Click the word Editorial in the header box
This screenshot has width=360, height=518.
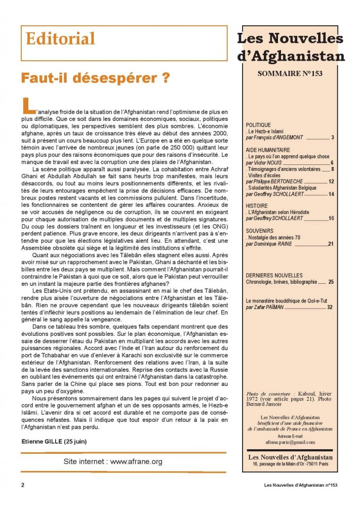pyautogui.click(x=60, y=38)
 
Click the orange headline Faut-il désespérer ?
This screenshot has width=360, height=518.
pyautogui.click(x=95, y=79)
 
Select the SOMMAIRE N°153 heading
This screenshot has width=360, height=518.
pyautogui.click(x=290, y=73)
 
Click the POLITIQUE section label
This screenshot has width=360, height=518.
pyautogui.click(x=258, y=124)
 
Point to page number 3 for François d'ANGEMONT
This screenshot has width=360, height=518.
pyautogui.click(x=332, y=137)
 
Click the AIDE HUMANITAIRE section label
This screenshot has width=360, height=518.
pyautogui.click(x=268, y=150)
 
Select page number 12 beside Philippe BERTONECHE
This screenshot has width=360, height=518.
pyautogui.click(x=331, y=181)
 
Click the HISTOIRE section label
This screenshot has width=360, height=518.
pyautogui.click(x=257, y=206)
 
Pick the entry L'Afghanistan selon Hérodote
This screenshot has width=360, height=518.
pyautogui.click(x=277, y=212)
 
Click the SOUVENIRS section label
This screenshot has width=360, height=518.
pyautogui.click(x=259, y=231)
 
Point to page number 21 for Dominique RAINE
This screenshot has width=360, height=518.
pyautogui.click(x=330, y=243)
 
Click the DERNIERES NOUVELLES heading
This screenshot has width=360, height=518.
pyautogui.click(x=274, y=276)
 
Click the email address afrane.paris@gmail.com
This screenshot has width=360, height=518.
pyautogui.click(x=290, y=442)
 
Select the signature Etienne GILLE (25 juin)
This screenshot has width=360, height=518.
pyautogui.click(x=54, y=441)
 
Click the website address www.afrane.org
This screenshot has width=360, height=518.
pyautogui.click(x=136, y=461)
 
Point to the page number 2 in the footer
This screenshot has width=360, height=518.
pyautogui.click(x=23, y=485)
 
